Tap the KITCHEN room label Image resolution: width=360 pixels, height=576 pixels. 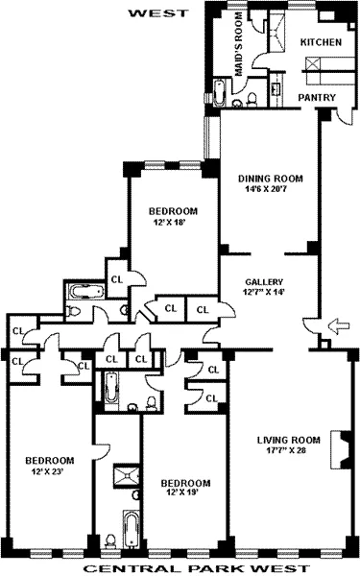click(321, 43)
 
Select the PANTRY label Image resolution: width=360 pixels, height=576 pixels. click(315, 98)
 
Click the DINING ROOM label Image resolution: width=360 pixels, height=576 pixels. click(270, 178)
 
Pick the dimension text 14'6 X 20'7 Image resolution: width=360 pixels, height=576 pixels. click(270, 188)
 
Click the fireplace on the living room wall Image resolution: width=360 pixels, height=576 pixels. click(338, 445)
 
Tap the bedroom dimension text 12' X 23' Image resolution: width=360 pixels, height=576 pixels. click(49, 470)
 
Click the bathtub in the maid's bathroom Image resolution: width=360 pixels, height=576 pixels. click(218, 95)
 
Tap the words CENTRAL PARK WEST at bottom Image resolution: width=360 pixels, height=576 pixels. click(180, 567)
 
